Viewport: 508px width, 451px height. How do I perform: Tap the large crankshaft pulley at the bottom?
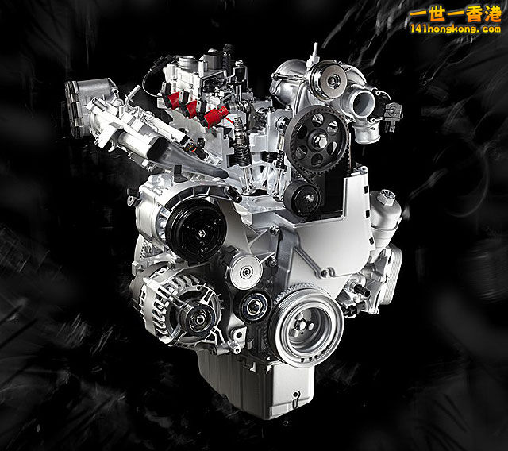coord(306,326)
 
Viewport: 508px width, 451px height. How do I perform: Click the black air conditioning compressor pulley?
coord(196,229)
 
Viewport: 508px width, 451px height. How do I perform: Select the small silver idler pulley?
coord(245,272)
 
